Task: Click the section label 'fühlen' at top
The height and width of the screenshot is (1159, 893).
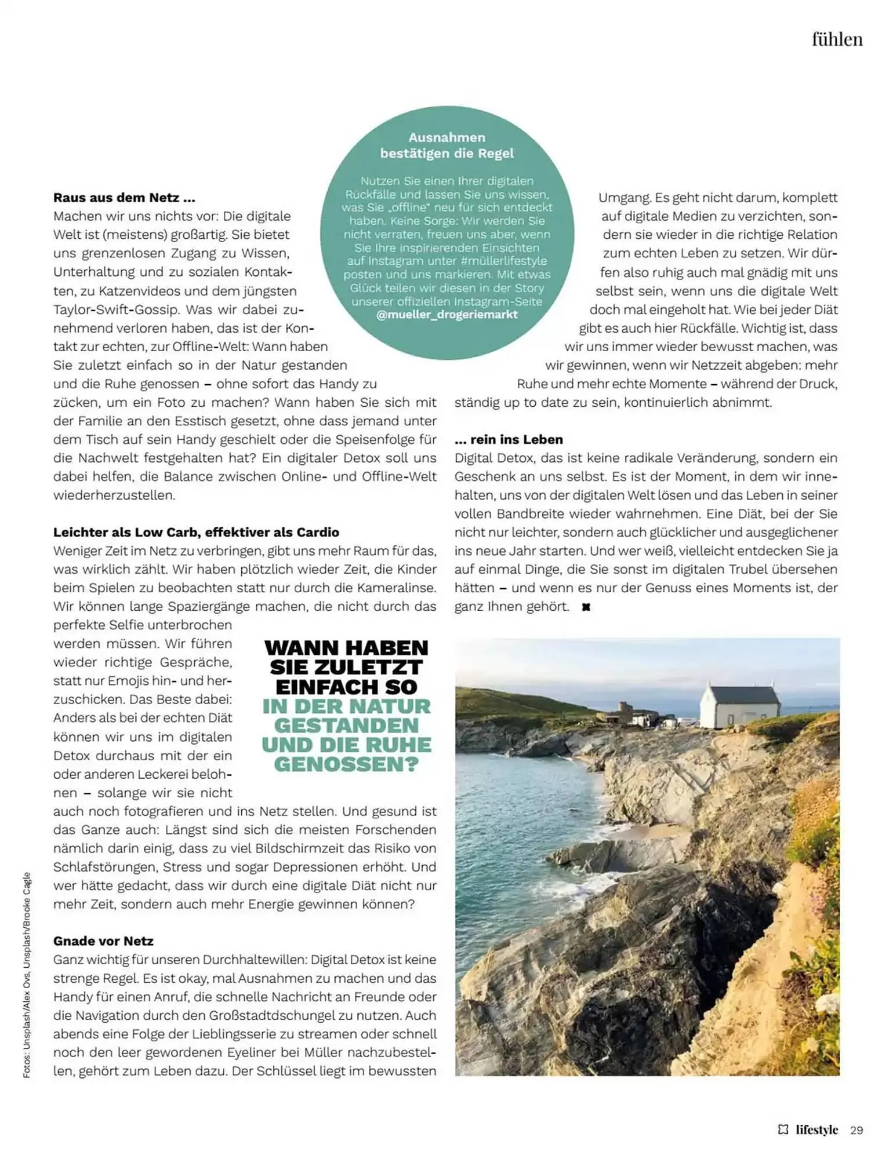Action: tap(837, 39)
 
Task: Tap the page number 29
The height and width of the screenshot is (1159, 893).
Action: tap(856, 1130)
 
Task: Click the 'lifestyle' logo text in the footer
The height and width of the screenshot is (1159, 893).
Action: tap(816, 1129)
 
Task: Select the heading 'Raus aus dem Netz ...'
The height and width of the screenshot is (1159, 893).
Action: tap(124, 198)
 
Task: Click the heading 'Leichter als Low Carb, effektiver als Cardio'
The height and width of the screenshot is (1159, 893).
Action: tap(196, 532)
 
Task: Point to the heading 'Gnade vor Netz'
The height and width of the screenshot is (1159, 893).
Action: tap(103, 941)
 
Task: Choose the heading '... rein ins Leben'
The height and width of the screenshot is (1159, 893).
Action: tap(509, 439)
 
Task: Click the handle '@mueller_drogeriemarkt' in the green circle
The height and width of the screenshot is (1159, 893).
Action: tap(447, 315)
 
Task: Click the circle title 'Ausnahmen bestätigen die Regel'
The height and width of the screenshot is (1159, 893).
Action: tap(447, 145)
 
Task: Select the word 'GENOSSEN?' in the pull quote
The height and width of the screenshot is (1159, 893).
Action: tap(346, 765)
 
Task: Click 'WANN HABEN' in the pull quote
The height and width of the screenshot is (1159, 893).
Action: tap(346, 647)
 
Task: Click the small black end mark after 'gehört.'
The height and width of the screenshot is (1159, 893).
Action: tap(586, 607)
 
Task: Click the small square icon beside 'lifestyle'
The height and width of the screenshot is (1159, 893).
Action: tap(783, 1129)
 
